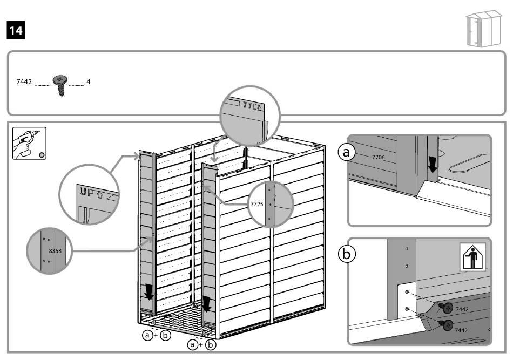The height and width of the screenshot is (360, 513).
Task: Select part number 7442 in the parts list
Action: point(24,83)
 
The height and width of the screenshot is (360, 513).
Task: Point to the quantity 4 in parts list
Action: point(89,83)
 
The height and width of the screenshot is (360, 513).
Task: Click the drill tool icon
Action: point(26,142)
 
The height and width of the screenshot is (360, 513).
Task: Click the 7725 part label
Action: point(257,205)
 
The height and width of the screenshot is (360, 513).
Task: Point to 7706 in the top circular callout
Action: point(252,106)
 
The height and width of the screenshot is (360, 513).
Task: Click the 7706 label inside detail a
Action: point(378,157)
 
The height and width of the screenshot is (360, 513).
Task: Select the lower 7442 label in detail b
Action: point(462,329)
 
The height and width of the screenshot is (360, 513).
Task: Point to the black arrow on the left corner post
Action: point(148,292)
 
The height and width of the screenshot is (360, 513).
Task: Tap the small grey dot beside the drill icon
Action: point(42,155)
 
